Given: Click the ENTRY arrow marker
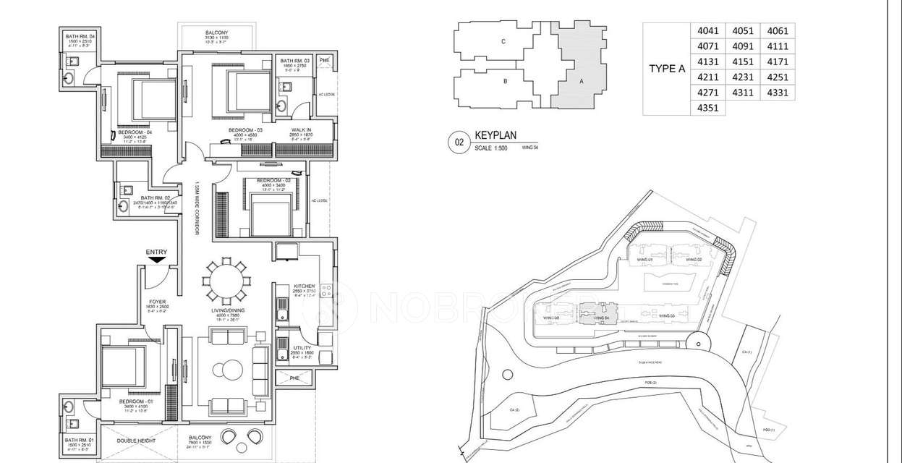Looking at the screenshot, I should pos(156,258).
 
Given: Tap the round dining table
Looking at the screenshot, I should pos(225,281).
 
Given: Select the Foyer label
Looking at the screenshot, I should pos(158,301).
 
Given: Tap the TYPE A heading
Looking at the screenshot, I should pos(666,69).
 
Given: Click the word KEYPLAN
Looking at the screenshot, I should pos(497,135).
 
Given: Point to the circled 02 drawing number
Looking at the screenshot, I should pos(459,142).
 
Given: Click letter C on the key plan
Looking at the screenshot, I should pos(503,42).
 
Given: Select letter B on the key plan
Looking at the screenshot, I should pos(505,81).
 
